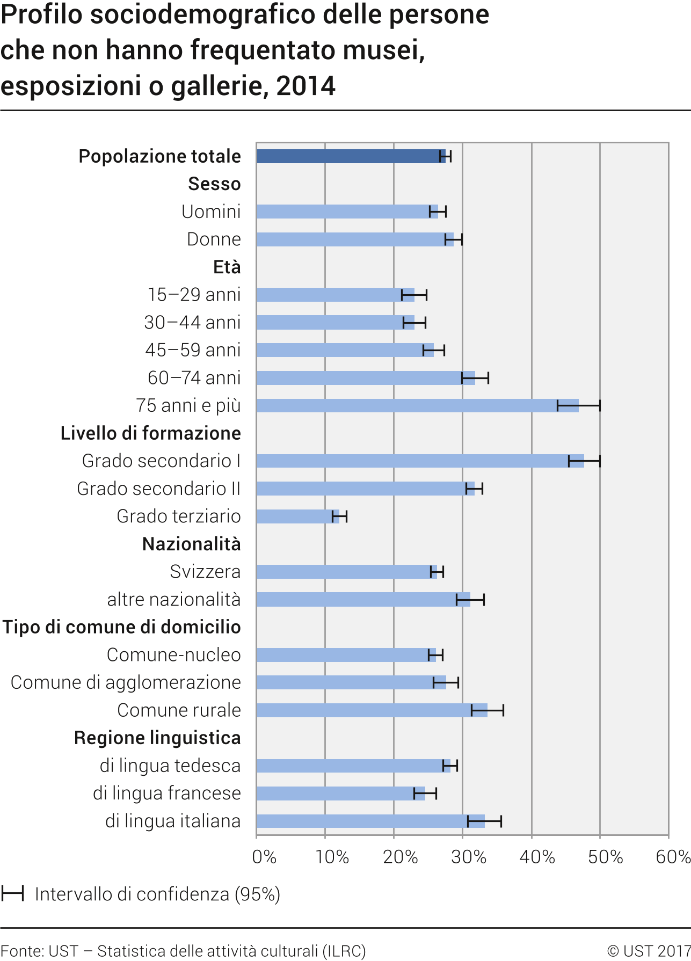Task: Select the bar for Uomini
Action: pos(346,212)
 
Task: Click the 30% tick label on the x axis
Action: pos(469,857)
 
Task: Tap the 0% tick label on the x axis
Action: pos(264,857)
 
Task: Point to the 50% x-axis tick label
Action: pos(606,857)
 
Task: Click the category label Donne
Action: pos(214,239)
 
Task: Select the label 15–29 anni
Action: pos(194,295)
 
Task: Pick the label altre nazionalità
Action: pos(174,600)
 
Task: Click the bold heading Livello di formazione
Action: pos(150,433)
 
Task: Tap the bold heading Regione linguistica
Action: pos(157,738)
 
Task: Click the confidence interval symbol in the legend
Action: pos(12,894)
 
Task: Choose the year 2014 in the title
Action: pos(306,86)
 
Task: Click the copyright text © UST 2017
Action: pos(649,951)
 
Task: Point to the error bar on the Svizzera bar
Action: pos(437,572)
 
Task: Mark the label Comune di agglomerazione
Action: pos(126,683)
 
